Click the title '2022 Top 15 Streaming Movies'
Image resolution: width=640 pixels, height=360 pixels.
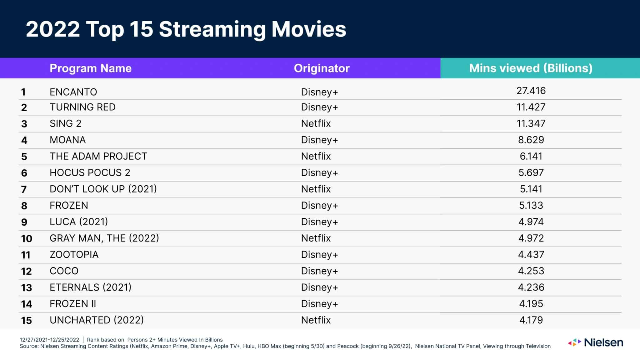(x=186, y=29)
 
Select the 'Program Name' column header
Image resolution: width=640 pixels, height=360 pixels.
(x=91, y=68)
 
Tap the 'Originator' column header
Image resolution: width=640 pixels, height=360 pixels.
(x=322, y=68)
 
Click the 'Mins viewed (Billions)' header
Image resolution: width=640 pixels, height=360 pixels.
(x=531, y=68)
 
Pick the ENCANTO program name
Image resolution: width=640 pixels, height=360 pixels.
(x=73, y=92)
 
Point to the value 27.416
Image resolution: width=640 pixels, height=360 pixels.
(x=531, y=91)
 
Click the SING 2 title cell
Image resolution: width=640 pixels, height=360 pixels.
(x=66, y=123)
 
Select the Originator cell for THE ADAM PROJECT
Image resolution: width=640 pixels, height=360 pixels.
(x=316, y=156)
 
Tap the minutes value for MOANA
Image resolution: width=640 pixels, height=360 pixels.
(x=531, y=140)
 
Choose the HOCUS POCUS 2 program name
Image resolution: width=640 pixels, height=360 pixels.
(x=90, y=172)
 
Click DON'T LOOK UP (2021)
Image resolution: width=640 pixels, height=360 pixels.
(x=103, y=189)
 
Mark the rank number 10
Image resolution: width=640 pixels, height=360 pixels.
(x=27, y=239)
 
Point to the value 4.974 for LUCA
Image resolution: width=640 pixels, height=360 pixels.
(x=531, y=222)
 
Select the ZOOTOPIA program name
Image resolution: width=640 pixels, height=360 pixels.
(x=74, y=255)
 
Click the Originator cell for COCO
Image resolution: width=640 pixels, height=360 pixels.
(x=319, y=271)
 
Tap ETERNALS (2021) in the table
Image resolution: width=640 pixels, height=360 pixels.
(x=91, y=287)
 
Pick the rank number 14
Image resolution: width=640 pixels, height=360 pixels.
(x=27, y=304)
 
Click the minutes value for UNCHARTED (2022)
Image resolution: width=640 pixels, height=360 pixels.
(x=531, y=320)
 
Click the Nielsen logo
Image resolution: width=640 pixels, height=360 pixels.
(x=595, y=342)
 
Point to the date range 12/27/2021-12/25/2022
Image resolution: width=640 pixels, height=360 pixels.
(x=49, y=340)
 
